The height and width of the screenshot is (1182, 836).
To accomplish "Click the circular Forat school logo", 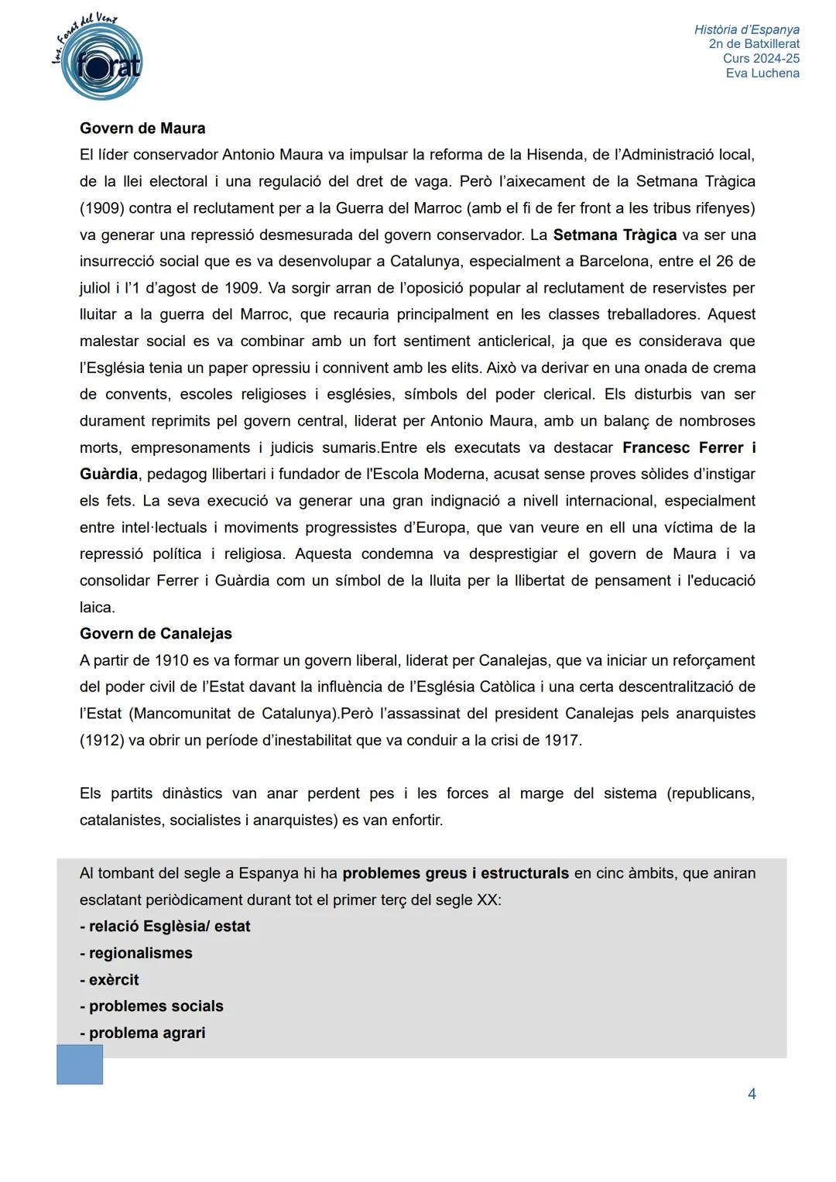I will tap(100, 62).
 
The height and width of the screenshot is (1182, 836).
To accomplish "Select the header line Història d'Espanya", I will tap(746, 29).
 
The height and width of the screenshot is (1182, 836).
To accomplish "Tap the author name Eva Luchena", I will tap(762, 73).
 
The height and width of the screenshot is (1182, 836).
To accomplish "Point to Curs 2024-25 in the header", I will tap(761, 59).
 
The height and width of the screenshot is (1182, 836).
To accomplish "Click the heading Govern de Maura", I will tap(142, 128).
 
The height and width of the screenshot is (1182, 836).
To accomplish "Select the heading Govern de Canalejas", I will tap(156, 633).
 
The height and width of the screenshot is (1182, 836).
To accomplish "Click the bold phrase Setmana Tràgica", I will tap(615, 235).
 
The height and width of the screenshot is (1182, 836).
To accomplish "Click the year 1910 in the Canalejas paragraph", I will tap(171, 660).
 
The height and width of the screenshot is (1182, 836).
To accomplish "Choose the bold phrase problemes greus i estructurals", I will tap(455, 873).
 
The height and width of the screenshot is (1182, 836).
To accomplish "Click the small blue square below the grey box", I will tap(80, 1064).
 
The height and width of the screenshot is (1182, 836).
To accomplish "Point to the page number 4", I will tap(751, 1094).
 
